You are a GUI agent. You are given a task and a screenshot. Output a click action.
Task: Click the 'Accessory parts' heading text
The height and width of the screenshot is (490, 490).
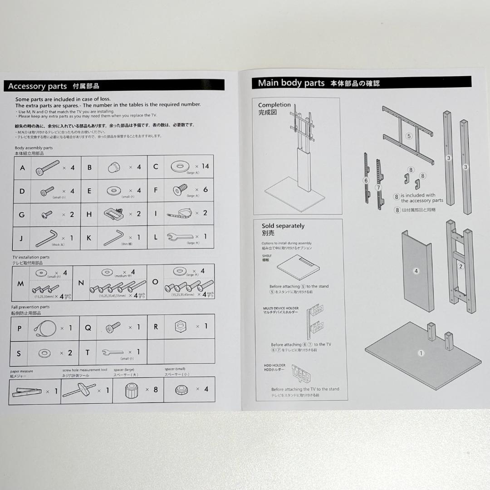[37, 86]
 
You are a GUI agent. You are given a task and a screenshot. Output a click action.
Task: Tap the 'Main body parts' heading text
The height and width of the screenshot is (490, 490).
[291, 83]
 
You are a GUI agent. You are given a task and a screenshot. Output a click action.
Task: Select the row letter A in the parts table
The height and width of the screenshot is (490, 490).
[23, 167]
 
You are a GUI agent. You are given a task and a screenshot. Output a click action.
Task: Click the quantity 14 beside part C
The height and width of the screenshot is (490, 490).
[205, 167]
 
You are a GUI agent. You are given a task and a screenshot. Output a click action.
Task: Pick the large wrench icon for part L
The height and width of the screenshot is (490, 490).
[180, 236]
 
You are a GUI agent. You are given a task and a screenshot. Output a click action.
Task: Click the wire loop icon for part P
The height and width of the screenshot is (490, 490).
[45, 327]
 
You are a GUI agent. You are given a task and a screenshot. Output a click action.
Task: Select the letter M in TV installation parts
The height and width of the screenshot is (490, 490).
[20, 284]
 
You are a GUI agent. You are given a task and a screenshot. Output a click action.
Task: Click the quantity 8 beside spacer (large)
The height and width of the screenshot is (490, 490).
[156, 389]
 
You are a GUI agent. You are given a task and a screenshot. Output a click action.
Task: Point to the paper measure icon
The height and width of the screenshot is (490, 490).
[27, 391]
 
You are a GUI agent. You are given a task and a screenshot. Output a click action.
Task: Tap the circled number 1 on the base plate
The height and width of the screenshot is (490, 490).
[421, 353]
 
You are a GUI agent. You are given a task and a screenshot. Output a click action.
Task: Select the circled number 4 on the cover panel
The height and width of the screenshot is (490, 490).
[416, 271]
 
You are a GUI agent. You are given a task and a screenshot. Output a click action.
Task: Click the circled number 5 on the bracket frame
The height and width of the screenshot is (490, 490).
[408, 136]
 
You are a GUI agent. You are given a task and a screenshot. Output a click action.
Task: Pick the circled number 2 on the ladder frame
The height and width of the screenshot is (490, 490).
[461, 266]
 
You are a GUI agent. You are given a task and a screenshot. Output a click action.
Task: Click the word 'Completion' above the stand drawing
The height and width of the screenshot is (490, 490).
[274, 105]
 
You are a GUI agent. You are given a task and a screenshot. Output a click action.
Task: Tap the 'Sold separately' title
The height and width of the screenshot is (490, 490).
[283, 226]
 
